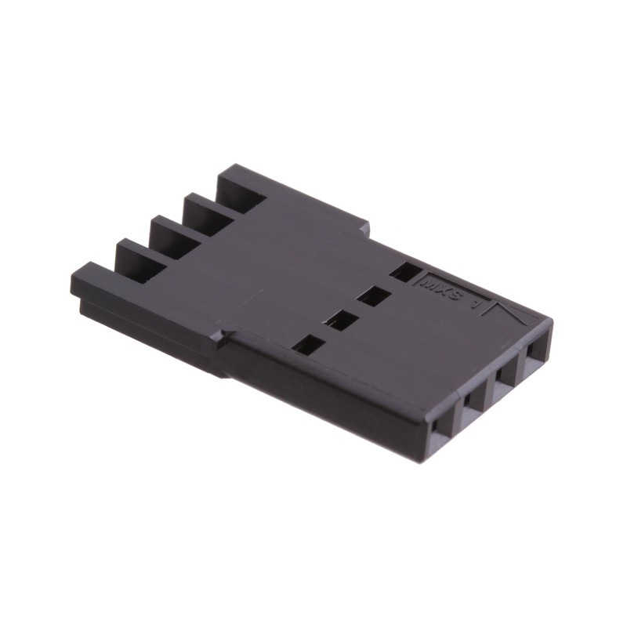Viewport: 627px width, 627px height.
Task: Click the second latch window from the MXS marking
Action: pyautogui.click(x=372, y=296)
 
